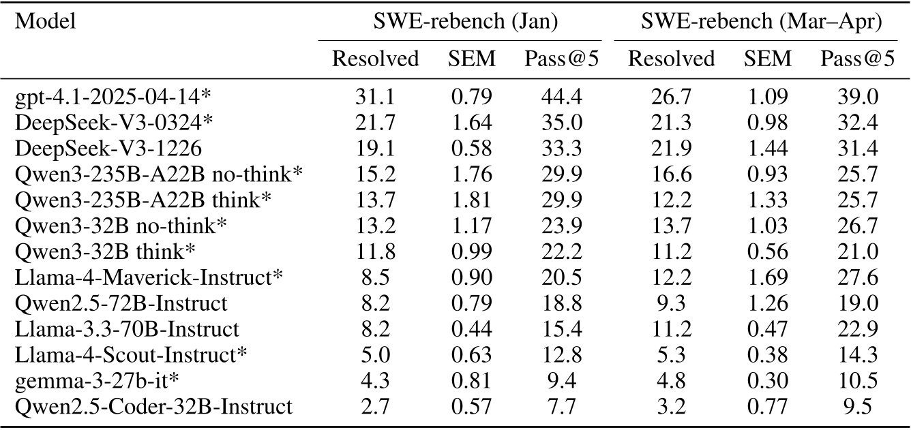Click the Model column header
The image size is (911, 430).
coord(45,22)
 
